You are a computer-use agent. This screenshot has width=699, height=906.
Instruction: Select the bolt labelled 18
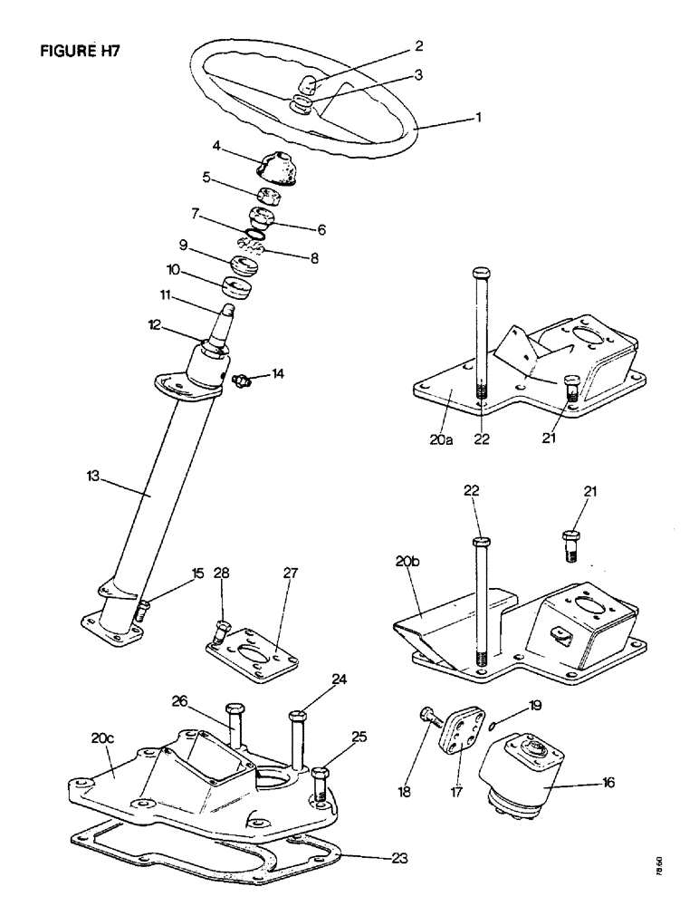(429, 717)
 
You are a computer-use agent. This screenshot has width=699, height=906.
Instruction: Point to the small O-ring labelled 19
(491, 727)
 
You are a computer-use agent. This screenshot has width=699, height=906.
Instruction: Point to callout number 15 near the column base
(196, 573)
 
